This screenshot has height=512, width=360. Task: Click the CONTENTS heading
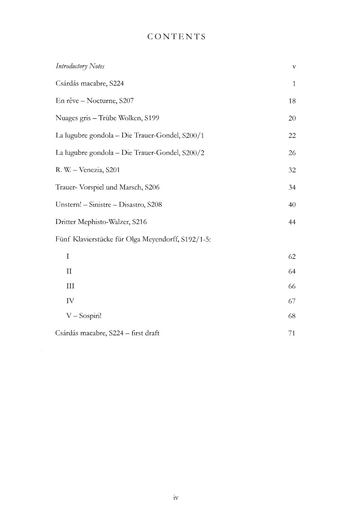pyautogui.click(x=176, y=37)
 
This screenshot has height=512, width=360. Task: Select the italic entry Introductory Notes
pyautogui.click(x=80, y=66)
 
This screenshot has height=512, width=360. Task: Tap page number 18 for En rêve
pyautogui.click(x=291, y=101)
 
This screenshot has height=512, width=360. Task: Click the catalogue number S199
pyautogui.click(x=151, y=118)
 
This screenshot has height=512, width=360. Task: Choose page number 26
pyautogui.click(x=291, y=153)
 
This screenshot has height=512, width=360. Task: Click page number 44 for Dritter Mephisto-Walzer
pyautogui.click(x=291, y=222)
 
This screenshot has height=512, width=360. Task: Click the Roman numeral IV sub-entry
pyautogui.click(x=69, y=301)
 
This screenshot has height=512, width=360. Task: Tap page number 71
pyautogui.click(x=291, y=333)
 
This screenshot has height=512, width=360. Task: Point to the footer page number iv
pyautogui.click(x=176, y=498)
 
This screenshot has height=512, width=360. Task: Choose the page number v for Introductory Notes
pyautogui.click(x=293, y=67)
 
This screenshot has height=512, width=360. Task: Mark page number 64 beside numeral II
pyautogui.click(x=291, y=271)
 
